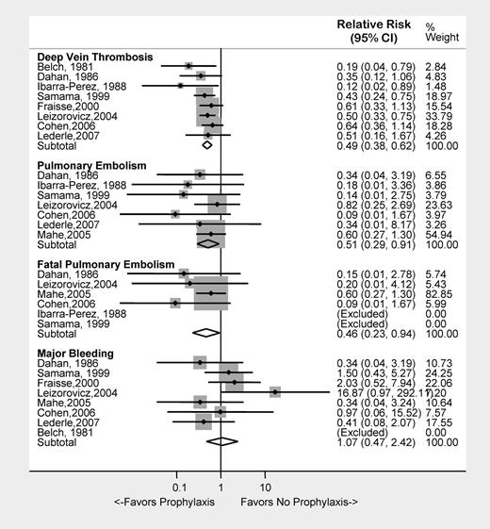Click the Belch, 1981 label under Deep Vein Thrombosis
[60, 66]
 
